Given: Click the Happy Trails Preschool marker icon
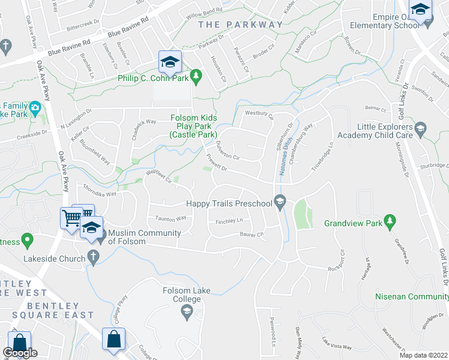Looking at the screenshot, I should [279, 203].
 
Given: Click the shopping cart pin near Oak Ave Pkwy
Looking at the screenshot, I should [71, 217].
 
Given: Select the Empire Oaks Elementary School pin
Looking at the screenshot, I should [420, 10].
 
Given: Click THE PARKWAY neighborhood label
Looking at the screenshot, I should [240, 25].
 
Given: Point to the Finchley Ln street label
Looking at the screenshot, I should [229, 221].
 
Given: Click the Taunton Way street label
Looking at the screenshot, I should [169, 219].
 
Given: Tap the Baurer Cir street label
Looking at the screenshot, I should [252, 234].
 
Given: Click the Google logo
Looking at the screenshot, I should [20, 353].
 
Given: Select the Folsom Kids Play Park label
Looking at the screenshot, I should [193, 127].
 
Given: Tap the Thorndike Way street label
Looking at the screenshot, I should [100, 193].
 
